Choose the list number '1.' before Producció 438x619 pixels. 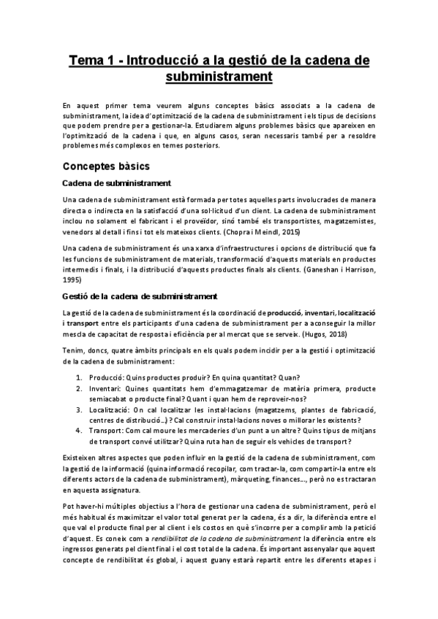[x=80, y=378]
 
